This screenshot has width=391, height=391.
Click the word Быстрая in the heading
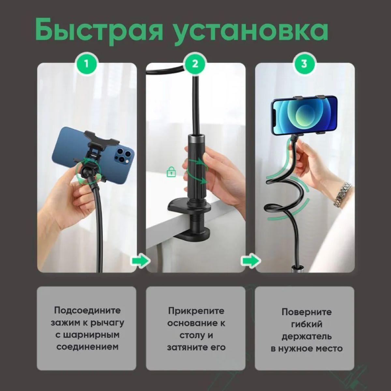point(99,30)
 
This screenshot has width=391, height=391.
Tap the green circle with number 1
point(87,64)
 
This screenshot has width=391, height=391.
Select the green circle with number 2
point(195,64)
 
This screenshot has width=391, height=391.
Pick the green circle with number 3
point(304,64)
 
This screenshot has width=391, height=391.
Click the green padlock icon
point(171,172)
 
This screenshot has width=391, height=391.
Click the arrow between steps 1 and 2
point(141,260)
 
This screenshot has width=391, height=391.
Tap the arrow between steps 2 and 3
point(250,260)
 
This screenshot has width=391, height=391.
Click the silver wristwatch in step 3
point(342,195)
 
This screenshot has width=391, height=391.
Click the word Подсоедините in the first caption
point(87,310)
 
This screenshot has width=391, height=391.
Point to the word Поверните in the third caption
point(307,312)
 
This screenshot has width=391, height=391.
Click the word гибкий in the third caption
point(307,324)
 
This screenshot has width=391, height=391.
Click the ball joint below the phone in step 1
point(87,172)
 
